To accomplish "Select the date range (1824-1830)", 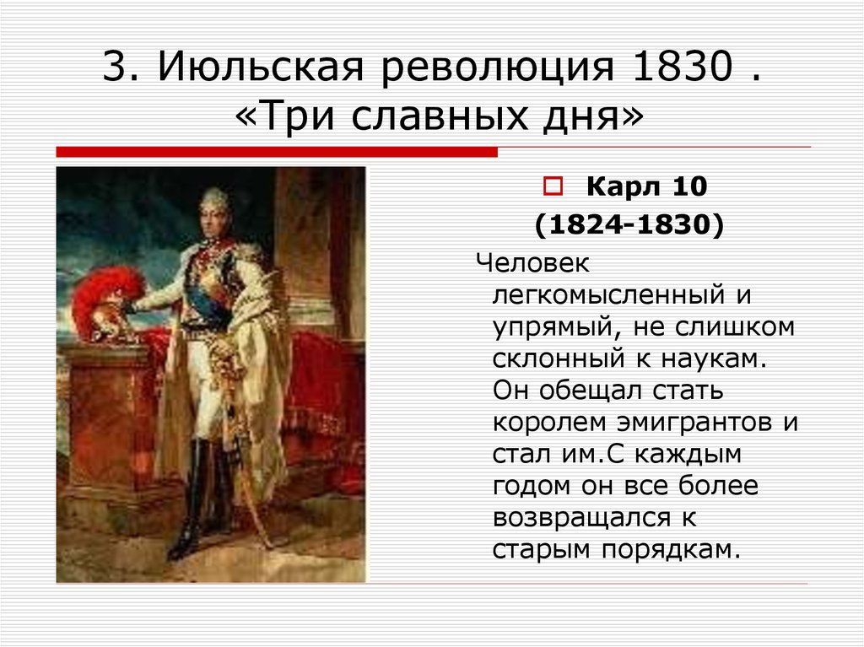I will pyautogui.click(x=629, y=226).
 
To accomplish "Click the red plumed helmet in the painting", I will pyautogui.click(x=105, y=299).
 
